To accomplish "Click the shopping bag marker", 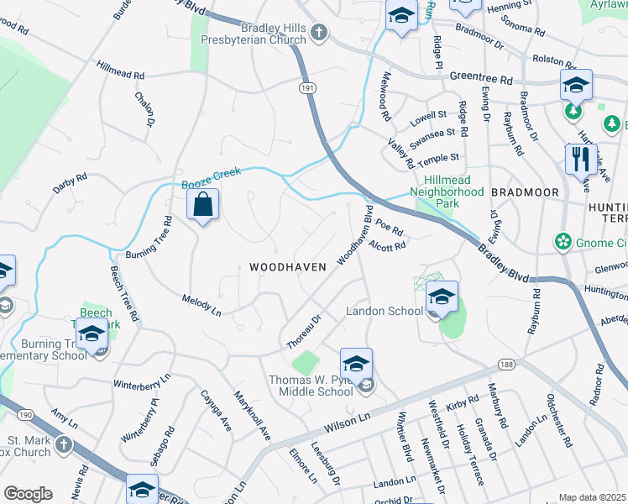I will coord(203,204).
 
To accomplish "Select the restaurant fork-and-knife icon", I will coord(580,159).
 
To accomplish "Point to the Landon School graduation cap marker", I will coord(442,297).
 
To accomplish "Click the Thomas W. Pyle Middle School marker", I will coord(356,365).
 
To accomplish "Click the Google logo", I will coord(28,494).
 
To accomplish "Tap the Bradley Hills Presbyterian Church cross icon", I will coord(318,33).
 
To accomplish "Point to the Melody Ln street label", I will coord(201,305).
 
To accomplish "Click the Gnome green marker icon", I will coord(562,242).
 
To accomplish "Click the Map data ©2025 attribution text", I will coord(593,497).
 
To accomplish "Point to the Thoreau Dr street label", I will coord(304,332).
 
